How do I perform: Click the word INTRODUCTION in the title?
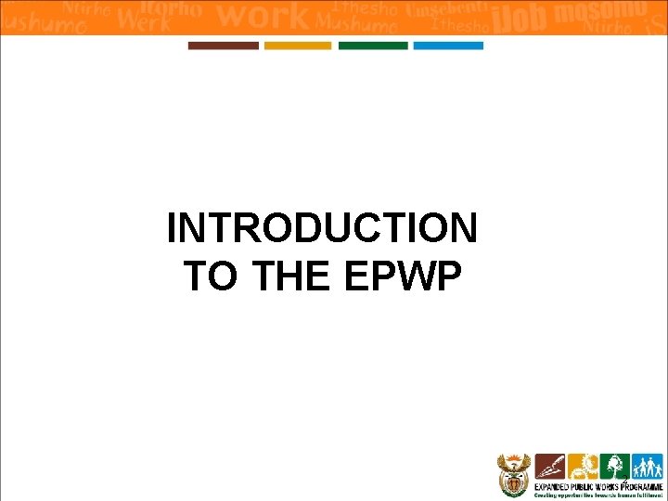322,228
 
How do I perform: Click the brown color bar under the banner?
224,45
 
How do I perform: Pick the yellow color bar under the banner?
298,45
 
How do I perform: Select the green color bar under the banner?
373,45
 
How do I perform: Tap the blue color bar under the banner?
448,45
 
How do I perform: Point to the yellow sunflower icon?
582,466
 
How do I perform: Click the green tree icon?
612,466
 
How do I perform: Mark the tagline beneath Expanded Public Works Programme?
597,495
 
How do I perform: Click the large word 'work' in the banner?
262,16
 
